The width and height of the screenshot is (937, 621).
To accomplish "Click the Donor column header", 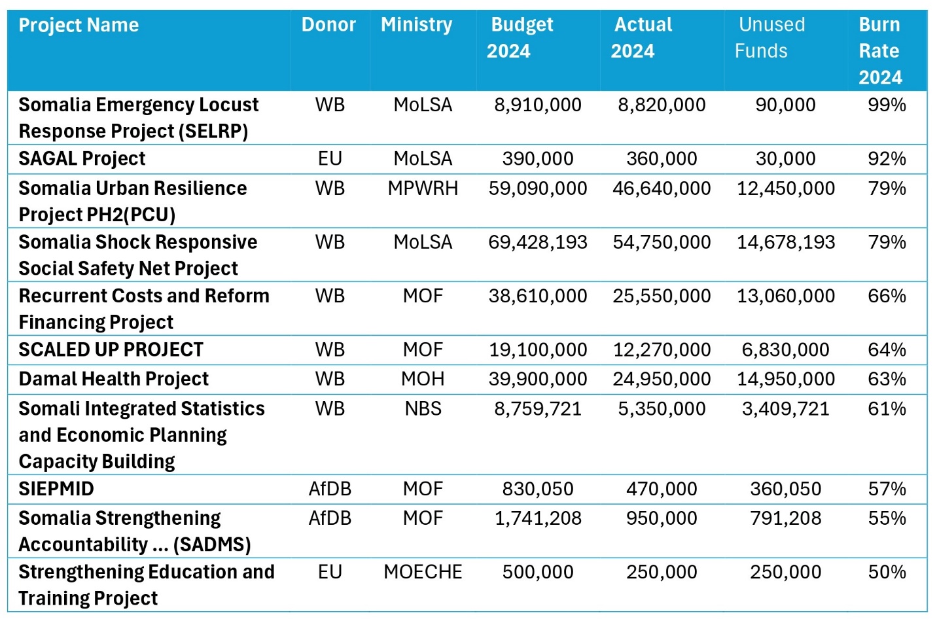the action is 328,25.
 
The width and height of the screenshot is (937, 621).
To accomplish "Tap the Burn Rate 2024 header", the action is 879,51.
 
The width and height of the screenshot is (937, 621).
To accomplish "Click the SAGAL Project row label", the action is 82,158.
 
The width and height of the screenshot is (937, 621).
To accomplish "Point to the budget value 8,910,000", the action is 537,105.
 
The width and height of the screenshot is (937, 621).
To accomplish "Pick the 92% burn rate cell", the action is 887,158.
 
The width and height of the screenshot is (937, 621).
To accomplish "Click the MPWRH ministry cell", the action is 423,188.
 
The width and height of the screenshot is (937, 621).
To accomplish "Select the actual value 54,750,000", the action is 662,242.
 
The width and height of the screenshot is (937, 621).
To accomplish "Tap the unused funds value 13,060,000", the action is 786,296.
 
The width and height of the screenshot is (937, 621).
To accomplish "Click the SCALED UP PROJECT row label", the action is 111,350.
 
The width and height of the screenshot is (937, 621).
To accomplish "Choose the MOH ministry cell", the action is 423,379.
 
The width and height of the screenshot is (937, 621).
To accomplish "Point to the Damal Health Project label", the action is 113,379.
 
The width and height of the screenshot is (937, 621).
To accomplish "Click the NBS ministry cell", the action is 423,409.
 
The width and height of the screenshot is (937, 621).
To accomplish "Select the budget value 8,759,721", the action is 537,409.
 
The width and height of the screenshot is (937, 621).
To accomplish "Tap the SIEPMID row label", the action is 56,489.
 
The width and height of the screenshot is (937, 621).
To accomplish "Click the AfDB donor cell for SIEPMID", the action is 330,489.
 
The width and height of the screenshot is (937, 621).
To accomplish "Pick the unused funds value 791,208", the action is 786,518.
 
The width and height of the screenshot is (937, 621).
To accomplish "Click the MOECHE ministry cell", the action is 423,572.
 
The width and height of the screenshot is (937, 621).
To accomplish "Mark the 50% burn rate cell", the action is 887,572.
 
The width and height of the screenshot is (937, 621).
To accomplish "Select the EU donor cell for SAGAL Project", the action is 330,158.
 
